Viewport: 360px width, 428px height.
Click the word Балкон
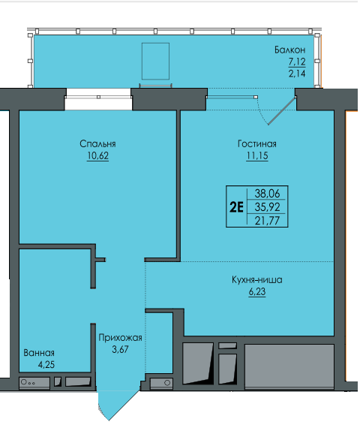[x=289, y=50]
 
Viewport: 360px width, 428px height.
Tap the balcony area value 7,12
[x=297, y=62]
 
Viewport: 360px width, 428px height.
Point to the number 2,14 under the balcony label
[x=297, y=74]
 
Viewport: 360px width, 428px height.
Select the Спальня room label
[x=97, y=144]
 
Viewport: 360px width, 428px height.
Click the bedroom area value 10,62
[x=97, y=155]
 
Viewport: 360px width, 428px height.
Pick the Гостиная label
[x=257, y=144]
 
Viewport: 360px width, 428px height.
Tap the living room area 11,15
[x=257, y=155]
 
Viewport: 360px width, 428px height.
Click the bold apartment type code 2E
[x=236, y=207]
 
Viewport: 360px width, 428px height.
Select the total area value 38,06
[x=267, y=194]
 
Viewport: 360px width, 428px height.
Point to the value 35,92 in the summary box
[x=267, y=207]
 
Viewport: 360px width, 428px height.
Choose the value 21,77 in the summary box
[x=267, y=221]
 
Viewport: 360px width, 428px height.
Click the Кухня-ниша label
[x=257, y=280]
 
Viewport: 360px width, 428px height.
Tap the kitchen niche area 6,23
[x=257, y=291]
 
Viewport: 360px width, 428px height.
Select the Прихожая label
[x=120, y=338]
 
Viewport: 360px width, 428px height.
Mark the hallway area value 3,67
[x=120, y=349]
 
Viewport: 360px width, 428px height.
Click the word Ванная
[x=39, y=353]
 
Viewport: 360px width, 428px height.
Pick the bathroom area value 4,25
[x=46, y=365]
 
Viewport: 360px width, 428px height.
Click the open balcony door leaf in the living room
[x=282, y=111]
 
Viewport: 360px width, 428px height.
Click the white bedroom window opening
[x=98, y=99]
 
